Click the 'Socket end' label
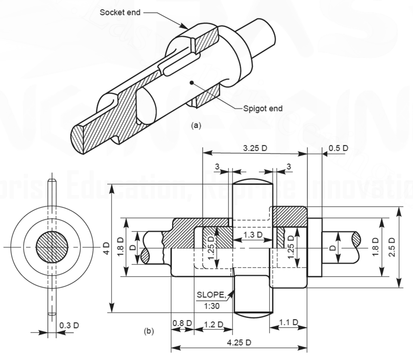pos(120,12)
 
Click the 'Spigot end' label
pos(263,109)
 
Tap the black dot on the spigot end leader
pos(191,82)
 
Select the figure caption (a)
pos(195,125)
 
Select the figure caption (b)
pos(149,331)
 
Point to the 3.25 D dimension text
pos(255,148)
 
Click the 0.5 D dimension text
pos(338,148)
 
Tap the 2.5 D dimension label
pos(392,247)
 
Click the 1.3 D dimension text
pos(253,235)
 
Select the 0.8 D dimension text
pos(182,323)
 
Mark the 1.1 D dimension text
pos(288,322)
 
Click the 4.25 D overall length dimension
pos(239,343)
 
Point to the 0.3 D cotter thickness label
pos(69,325)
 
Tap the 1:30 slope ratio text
pos(212,306)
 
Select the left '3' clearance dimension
pos(217,167)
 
